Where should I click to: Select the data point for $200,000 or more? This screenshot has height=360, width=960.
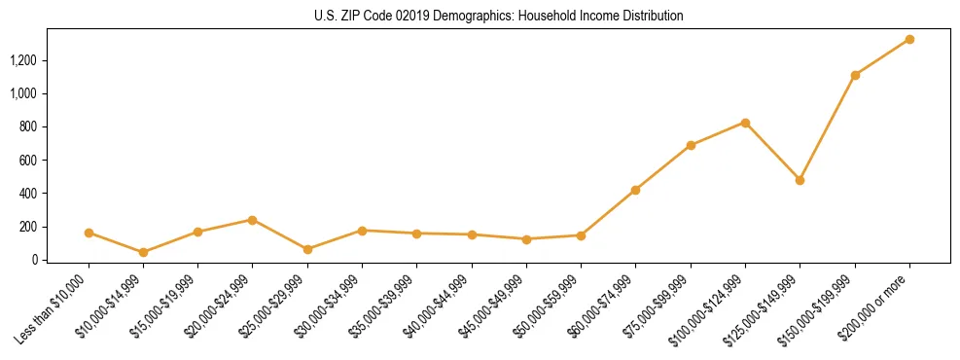(x=909, y=39)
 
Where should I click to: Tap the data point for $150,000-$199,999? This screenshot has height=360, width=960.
(x=855, y=75)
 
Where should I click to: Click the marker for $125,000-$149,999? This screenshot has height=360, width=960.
(x=800, y=180)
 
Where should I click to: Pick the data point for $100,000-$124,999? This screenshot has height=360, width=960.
(x=745, y=123)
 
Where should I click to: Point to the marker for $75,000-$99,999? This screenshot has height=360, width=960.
(x=691, y=145)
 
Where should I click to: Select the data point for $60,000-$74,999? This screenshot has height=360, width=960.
(x=635, y=190)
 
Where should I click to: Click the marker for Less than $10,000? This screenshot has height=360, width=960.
(x=89, y=233)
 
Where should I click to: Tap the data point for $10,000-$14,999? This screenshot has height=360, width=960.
(x=143, y=252)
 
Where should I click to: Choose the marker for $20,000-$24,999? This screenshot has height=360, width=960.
(x=253, y=220)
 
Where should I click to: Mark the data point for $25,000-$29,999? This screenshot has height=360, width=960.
(x=307, y=249)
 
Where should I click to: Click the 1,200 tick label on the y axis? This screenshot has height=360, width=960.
(x=22, y=60)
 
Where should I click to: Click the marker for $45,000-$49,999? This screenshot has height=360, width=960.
(x=526, y=239)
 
